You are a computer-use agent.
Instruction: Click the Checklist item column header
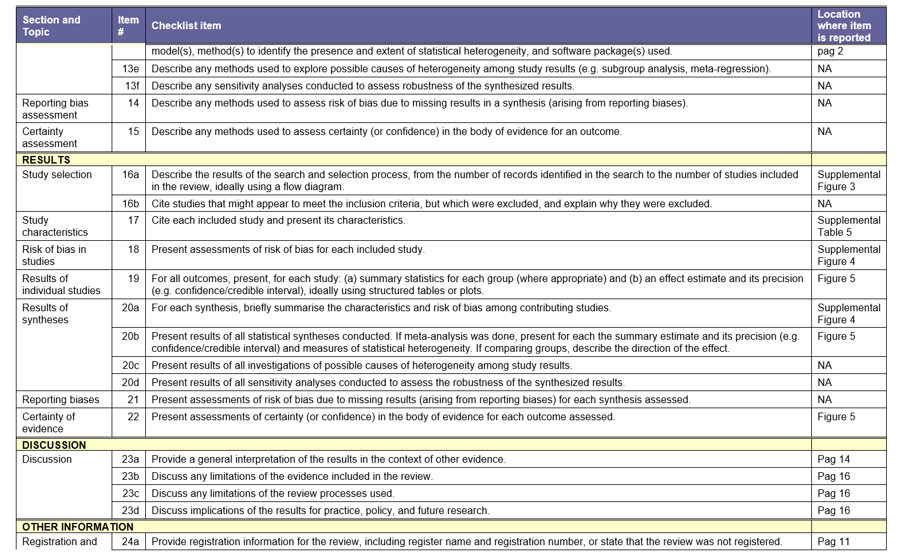pos(186,26)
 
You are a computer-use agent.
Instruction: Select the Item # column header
pos(128,26)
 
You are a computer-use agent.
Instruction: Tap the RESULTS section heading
pos(46,160)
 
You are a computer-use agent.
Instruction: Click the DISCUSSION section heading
pos(54,445)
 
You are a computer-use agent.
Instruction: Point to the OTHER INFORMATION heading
pos(77,527)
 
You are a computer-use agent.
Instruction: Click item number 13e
pos(131,68)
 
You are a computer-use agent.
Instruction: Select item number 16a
pos(131,174)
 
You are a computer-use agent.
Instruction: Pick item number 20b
pos(131,336)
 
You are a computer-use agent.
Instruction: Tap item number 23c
pos(131,493)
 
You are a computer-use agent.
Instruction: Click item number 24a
pos(131,541)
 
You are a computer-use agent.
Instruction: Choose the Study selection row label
pos(57,174)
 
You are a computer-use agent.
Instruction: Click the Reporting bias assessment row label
pos(55,108)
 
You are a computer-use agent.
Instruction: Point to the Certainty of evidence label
pos(48,422)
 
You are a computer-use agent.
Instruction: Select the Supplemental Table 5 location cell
pos(849,226)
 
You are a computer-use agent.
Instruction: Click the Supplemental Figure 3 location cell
pos(849,180)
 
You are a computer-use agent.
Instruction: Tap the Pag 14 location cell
pos(833,459)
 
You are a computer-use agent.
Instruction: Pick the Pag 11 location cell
pos(833,541)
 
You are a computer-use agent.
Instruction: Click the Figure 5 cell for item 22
pos(836,416)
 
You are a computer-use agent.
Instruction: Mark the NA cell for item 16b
pos(825,203)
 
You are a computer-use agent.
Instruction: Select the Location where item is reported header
pos(844,26)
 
